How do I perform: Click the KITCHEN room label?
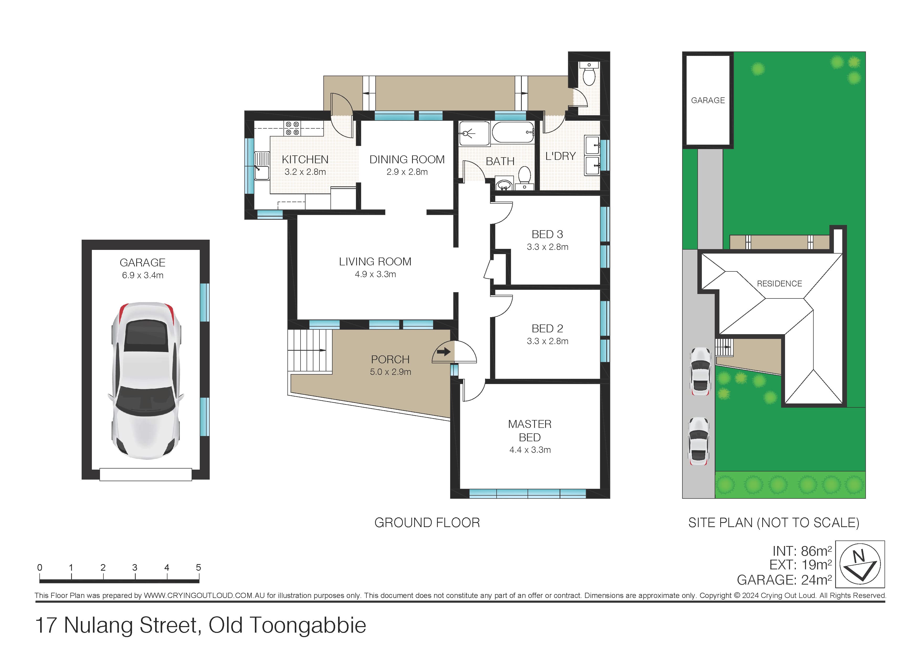point(305,159)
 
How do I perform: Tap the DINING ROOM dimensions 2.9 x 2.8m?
point(407,172)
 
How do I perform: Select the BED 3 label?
point(547,234)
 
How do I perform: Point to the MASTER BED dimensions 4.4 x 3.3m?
point(530,450)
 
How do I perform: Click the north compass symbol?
point(860,564)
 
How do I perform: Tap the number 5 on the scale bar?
point(198,568)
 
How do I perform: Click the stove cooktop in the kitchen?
point(292,128)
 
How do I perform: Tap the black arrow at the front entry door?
point(444,352)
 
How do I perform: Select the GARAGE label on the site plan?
point(708,100)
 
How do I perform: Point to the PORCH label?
point(390,359)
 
